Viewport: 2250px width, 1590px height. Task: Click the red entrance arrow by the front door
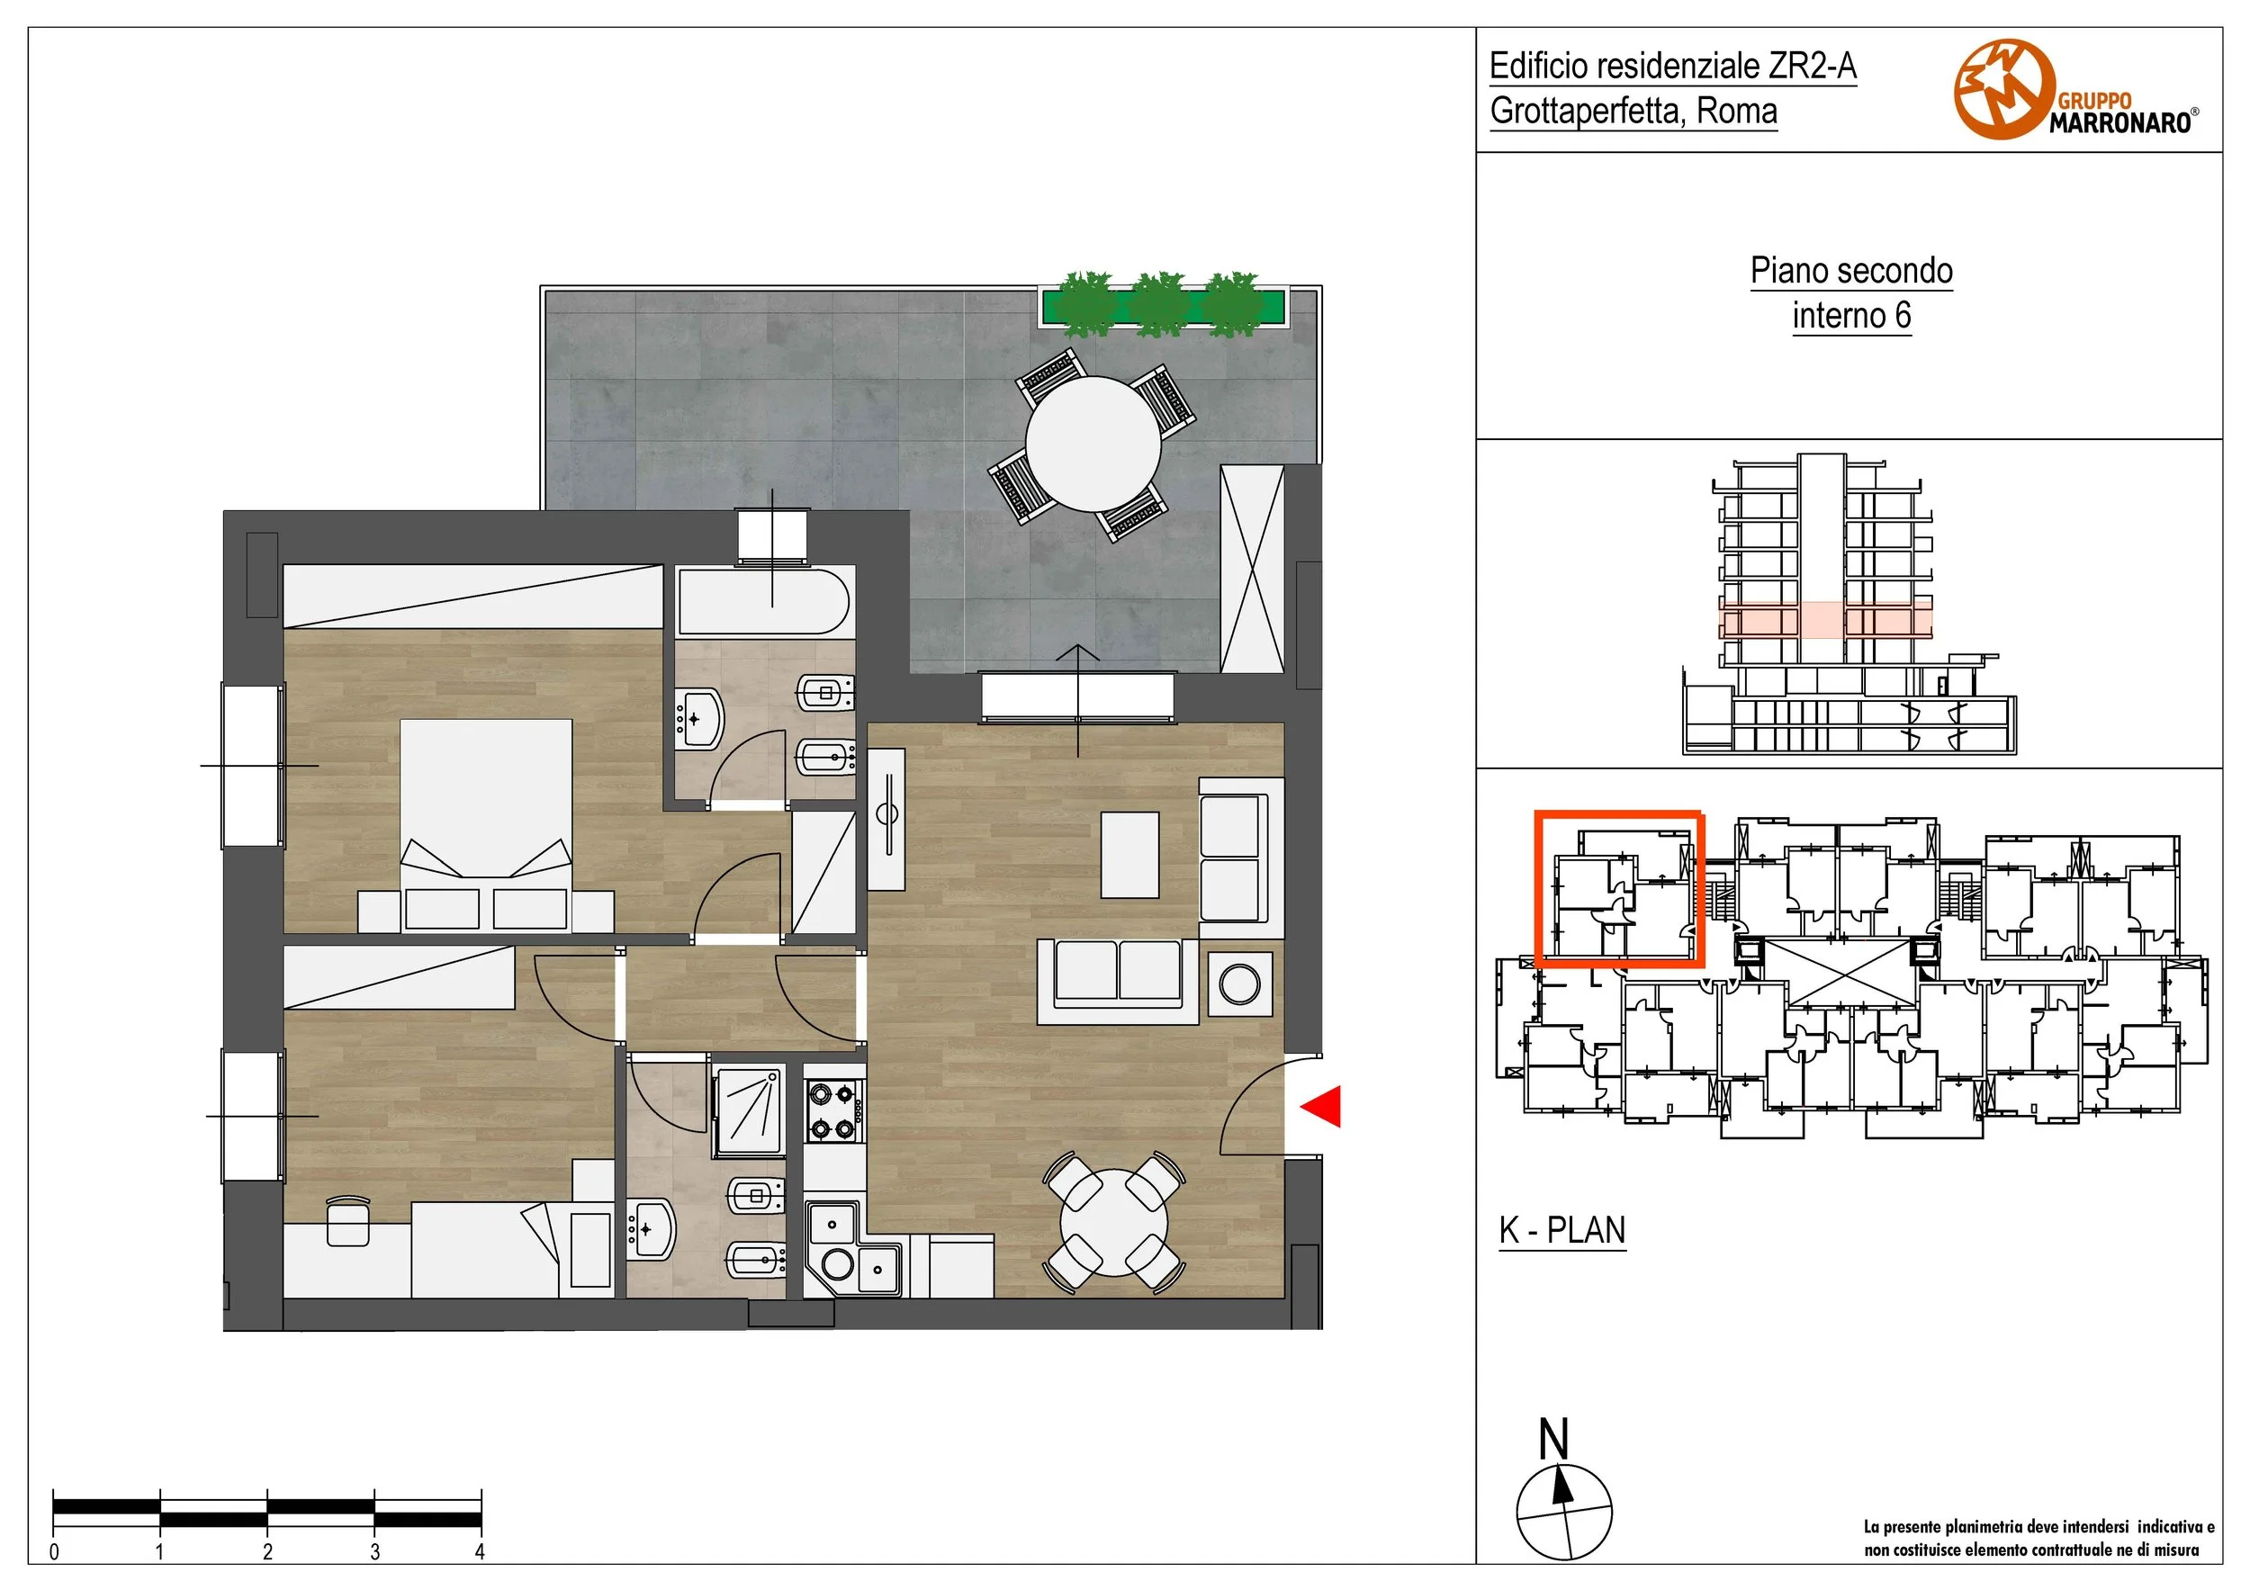tap(1321, 1106)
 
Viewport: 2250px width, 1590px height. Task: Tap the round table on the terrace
tap(1093, 445)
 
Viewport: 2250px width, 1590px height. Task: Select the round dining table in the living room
tap(1114, 1222)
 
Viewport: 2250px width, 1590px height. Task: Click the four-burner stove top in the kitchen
tap(835, 1110)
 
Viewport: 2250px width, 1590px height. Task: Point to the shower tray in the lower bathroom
tap(750, 1112)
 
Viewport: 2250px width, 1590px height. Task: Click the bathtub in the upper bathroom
tap(764, 600)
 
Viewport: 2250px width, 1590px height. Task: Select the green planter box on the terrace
tap(1162, 307)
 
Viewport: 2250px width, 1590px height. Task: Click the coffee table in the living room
tap(1129, 854)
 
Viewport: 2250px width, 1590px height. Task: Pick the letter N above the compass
tap(1554, 1439)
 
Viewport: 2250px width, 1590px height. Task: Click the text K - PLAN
tap(1562, 1229)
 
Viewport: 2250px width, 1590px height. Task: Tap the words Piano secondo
tap(1851, 272)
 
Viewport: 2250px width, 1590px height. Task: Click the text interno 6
tap(1851, 316)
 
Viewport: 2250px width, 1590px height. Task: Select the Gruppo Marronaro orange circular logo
tap(2005, 89)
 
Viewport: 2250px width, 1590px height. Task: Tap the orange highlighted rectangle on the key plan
tap(1618, 888)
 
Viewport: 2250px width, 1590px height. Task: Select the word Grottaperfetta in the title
tap(1587, 111)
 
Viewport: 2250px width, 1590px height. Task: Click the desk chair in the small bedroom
tap(346, 1221)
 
